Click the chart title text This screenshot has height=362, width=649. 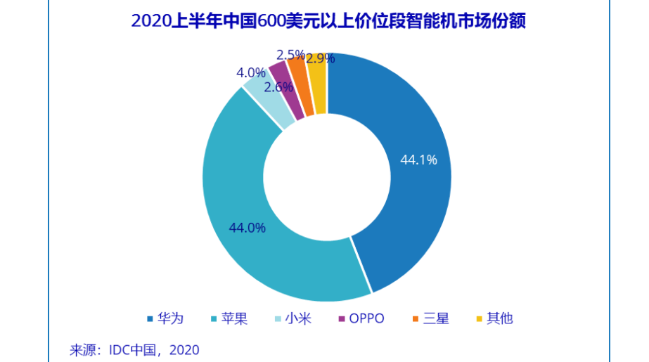tap(328, 20)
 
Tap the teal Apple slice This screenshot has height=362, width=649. tap(240, 207)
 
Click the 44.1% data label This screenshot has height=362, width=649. tap(418, 160)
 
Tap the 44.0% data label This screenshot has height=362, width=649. tap(247, 228)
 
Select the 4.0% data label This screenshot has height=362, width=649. tap(251, 73)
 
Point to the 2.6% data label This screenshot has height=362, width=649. tap(278, 87)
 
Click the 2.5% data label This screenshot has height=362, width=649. tap(290, 55)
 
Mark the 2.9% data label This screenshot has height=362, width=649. tap(321, 58)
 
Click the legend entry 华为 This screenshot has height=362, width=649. tap(165, 318)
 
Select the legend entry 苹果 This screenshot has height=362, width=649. tap(229, 318)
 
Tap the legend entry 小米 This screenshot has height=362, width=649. tap(293, 318)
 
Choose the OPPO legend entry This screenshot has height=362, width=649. tap(361, 318)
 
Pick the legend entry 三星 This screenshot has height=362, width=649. tap(431, 318)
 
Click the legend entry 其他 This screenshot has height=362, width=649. tap(495, 318)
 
